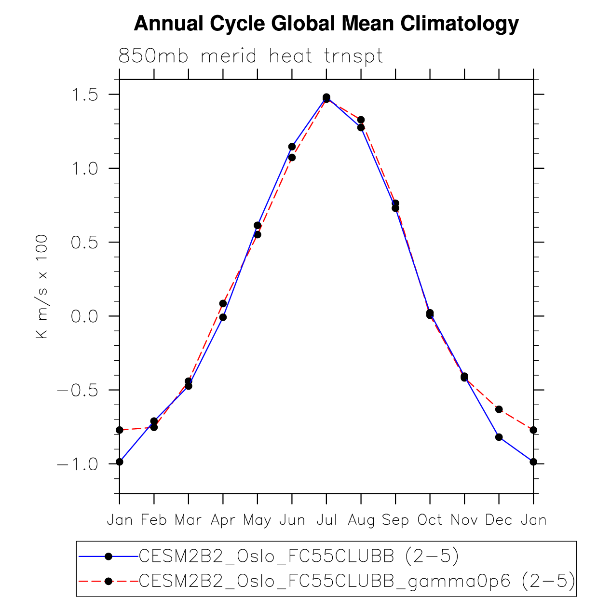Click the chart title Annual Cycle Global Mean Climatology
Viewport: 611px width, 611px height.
326,23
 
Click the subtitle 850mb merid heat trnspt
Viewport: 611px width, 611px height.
250,56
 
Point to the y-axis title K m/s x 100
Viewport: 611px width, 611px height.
42,286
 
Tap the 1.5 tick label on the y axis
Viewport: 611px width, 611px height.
84,95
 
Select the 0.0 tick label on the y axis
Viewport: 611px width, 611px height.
84,316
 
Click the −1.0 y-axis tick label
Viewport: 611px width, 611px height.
78,464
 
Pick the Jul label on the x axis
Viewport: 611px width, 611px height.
326,520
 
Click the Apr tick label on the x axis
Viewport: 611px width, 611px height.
223,520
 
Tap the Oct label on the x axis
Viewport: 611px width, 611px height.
430,520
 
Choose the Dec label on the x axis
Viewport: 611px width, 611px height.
499,520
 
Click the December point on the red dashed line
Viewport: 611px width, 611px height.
499,409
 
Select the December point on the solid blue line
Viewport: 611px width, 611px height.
499,437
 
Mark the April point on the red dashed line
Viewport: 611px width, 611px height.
223,303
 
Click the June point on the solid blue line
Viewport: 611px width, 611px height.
292,147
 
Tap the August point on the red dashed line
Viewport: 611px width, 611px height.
361,120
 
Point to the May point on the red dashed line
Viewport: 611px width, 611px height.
258,235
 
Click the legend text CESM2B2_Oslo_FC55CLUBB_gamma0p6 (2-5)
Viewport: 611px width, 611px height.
357,581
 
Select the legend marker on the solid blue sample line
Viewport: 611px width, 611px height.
109,557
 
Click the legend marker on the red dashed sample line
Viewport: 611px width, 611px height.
109,581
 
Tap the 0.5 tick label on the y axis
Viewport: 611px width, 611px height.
84,243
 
